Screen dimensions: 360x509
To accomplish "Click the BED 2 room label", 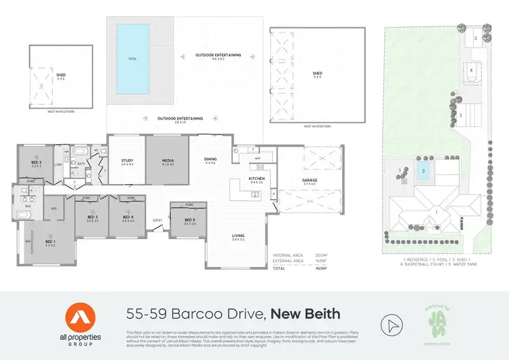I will click(x=37, y=163).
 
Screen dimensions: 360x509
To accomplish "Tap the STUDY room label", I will click(x=127, y=161).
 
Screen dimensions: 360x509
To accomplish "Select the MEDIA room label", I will click(x=168, y=161).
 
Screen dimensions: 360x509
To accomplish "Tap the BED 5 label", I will click(x=190, y=220).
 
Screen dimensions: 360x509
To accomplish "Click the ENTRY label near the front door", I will click(x=157, y=220).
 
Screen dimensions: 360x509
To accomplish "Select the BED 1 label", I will click(x=51, y=242).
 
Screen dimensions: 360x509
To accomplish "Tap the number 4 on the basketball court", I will click(x=471, y=70).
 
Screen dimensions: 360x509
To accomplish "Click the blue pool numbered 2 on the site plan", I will click(x=423, y=172).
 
